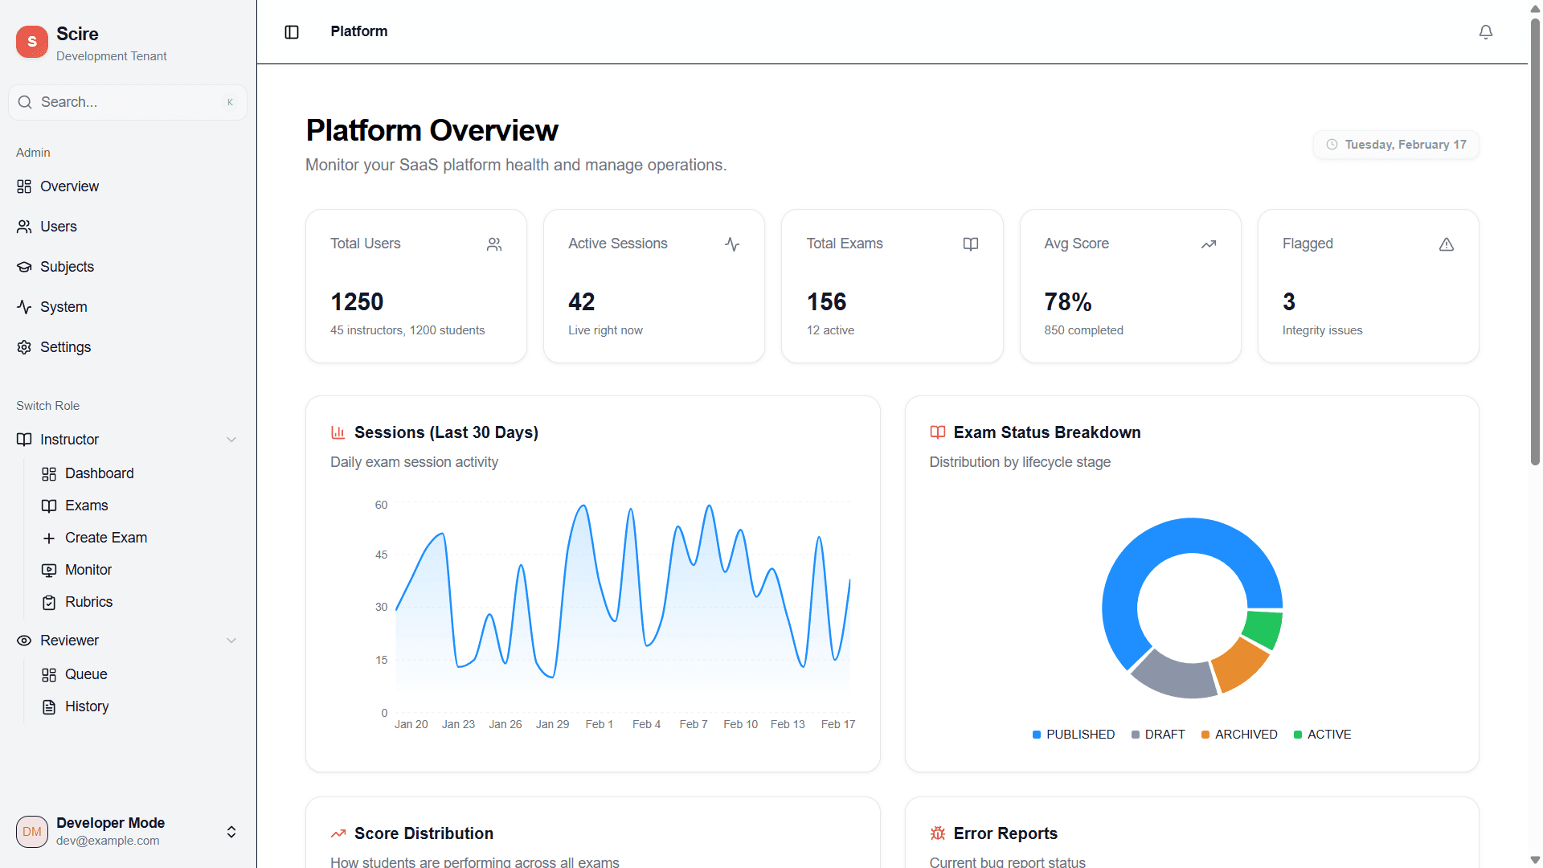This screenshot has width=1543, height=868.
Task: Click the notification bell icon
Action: [1485, 32]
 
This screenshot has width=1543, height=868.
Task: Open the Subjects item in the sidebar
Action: [67, 267]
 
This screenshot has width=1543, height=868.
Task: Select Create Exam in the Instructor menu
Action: [105, 538]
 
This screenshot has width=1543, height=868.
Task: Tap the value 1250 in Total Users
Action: [357, 302]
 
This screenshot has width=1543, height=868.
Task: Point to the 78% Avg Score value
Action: [1067, 302]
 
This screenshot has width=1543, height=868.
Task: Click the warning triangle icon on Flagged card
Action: [1446, 244]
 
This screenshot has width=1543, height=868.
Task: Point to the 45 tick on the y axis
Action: [381, 555]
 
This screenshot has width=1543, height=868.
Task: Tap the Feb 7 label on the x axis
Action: [693, 724]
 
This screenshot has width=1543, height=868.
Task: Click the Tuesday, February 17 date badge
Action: [1396, 145]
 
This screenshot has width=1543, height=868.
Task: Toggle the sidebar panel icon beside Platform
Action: [292, 32]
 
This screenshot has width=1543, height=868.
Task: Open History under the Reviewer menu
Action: [86, 706]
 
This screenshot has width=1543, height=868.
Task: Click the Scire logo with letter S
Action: [32, 42]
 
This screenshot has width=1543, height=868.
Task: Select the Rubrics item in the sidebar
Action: [88, 602]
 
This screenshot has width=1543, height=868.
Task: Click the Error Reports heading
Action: [1005, 833]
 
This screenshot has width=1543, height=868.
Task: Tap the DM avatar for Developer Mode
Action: [32, 832]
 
